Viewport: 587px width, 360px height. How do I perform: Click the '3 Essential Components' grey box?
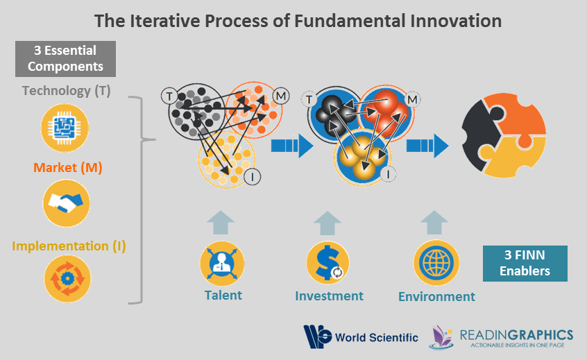66,59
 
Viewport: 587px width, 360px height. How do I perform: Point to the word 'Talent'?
223,295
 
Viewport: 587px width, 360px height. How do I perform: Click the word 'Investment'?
329,296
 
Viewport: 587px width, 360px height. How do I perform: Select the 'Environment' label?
436,297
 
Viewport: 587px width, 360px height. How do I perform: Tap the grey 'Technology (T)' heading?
66,90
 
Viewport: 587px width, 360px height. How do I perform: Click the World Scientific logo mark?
317,337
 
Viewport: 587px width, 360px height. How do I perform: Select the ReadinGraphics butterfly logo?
441,337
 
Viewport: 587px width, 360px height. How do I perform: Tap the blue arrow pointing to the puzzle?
428,146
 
